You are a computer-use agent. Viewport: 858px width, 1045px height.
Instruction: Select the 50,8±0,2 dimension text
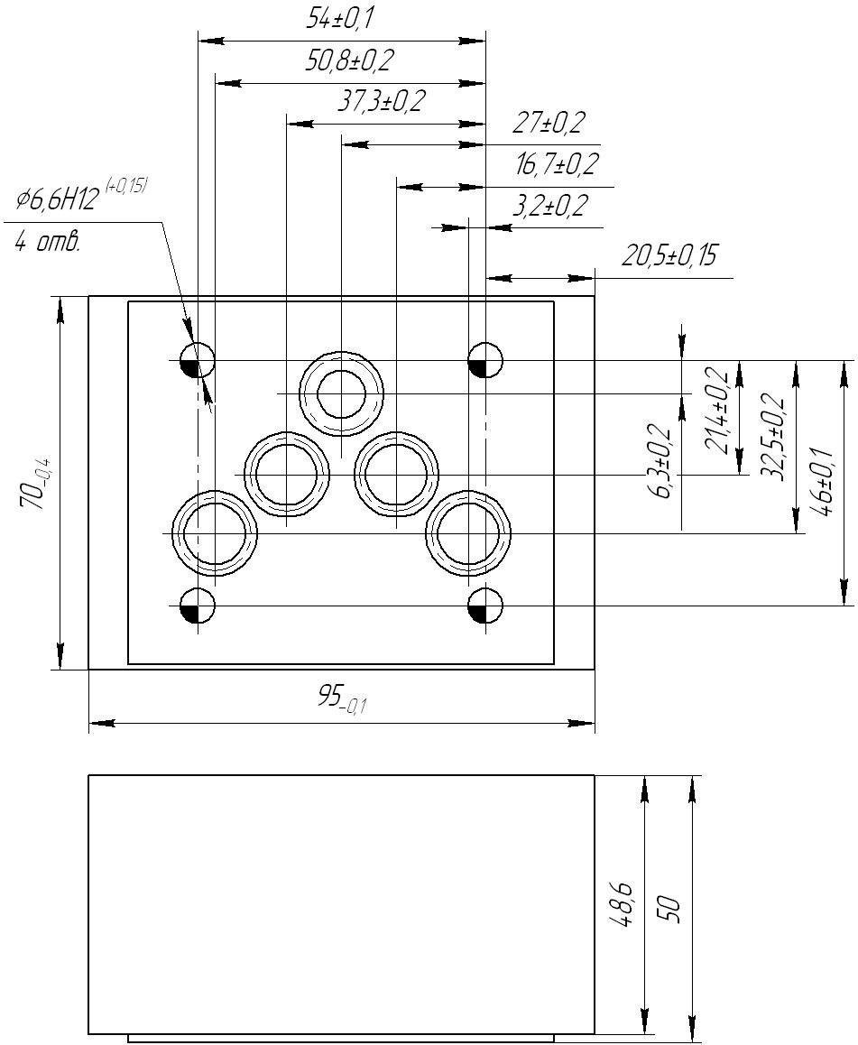[x=350, y=61]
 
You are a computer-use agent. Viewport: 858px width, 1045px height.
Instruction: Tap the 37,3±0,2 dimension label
[x=381, y=101]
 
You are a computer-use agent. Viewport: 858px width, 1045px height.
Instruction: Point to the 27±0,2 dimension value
[x=549, y=123]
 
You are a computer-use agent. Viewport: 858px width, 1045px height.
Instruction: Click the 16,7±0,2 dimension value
[x=557, y=164]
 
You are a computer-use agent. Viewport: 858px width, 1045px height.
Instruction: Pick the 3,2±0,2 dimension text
[x=550, y=206]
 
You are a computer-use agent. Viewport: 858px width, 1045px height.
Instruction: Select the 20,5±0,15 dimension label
[x=669, y=255]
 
